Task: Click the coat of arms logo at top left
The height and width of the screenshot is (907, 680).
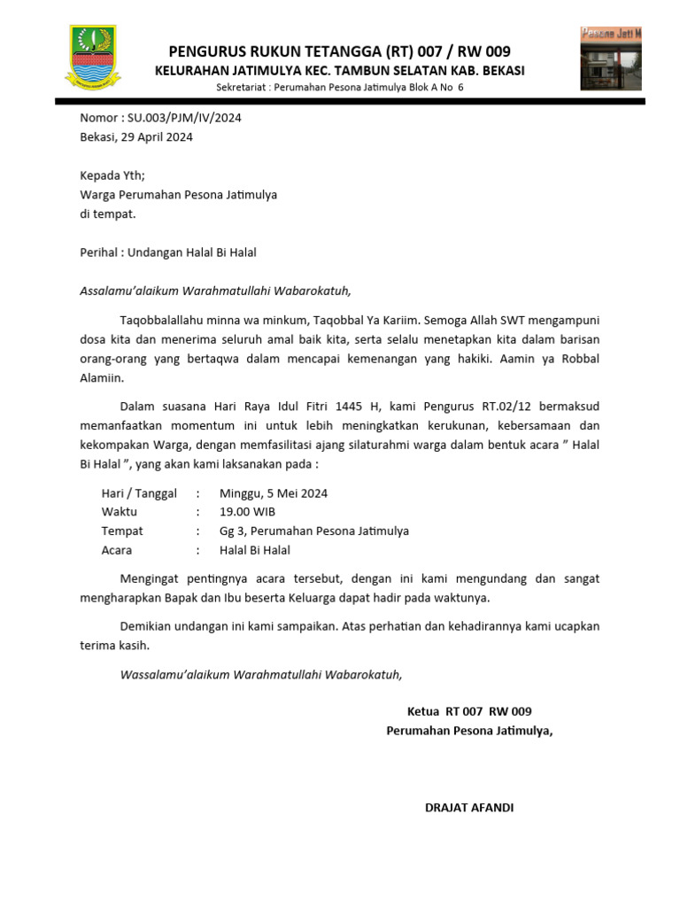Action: pyautogui.click(x=93, y=58)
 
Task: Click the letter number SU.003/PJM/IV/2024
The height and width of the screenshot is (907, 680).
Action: pyautogui.click(x=184, y=118)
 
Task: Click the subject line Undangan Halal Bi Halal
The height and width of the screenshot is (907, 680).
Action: pyautogui.click(x=192, y=252)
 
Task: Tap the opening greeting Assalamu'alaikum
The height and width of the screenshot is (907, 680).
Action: pyautogui.click(x=125, y=290)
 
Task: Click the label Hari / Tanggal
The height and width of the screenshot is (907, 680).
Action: pyautogui.click(x=139, y=493)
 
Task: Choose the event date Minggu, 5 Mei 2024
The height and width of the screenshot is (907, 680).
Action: pyautogui.click(x=274, y=493)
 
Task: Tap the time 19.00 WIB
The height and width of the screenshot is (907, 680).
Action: pyautogui.click(x=247, y=512)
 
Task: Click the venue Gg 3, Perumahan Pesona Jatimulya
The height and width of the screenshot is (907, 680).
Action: pyautogui.click(x=314, y=531)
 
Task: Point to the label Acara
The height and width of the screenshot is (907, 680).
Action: pyautogui.click(x=117, y=550)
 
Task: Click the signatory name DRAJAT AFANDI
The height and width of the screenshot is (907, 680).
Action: pyautogui.click(x=469, y=808)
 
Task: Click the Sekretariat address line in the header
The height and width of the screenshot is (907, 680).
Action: pyautogui.click(x=340, y=88)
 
